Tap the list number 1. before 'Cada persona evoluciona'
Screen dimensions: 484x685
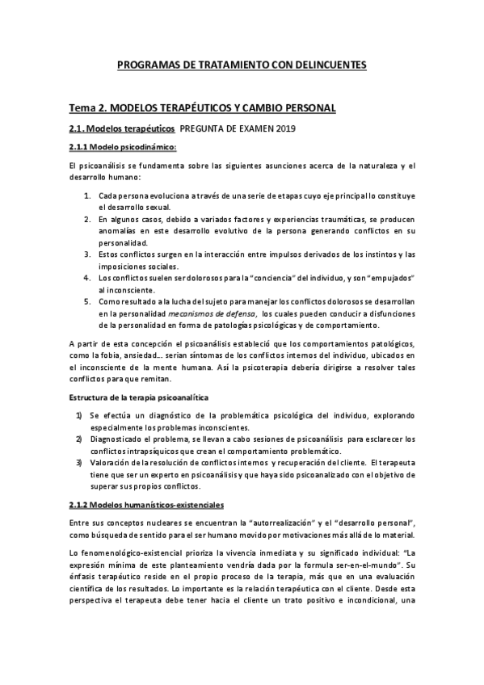(87, 195)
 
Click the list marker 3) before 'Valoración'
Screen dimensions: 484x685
(79, 462)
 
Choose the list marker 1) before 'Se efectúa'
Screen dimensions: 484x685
(79, 415)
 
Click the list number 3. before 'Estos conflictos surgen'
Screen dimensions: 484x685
(87, 254)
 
